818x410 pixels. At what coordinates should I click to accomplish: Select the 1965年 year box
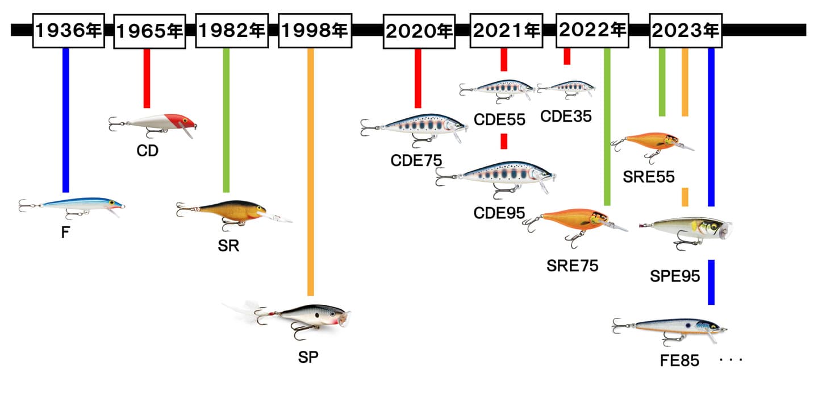[149, 32]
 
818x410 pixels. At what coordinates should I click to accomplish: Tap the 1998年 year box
[314, 31]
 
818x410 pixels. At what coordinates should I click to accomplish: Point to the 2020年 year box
[419, 31]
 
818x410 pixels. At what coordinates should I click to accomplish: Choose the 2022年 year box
[592, 31]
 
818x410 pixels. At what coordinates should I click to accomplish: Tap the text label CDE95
[499, 213]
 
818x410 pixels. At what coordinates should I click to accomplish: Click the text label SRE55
[648, 177]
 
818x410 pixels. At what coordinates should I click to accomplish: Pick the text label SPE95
[675, 277]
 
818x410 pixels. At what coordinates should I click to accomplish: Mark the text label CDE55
[500, 119]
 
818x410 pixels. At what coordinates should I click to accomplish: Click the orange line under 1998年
[310, 171]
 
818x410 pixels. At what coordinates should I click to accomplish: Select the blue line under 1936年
[66, 119]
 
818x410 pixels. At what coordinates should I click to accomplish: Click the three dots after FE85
[731, 361]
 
